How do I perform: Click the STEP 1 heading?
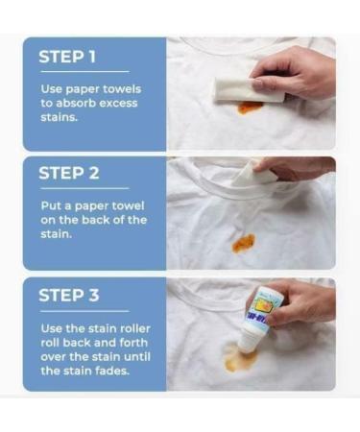pyautogui.click(x=67, y=57)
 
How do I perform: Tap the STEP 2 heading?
pyautogui.click(x=69, y=173)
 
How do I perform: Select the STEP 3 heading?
pyautogui.click(x=69, y=295)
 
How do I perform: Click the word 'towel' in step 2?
pyautogui.click(x=128, y=205)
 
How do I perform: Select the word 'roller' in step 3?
pyautogui.click(x=135, y=328)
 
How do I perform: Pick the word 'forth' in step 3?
pyautogui.click(x=133, y=343)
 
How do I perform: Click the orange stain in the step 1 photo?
pyautogui.click(x=250, y=108)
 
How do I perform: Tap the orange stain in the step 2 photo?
pyautogui.click(x=244, y=243)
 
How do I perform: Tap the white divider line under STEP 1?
pyautogui.click(x=84, y=72)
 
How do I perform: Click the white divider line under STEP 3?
pyautogui.click(x=84, y=311)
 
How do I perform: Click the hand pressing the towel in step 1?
pyautogui.click(x=296, y=74)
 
